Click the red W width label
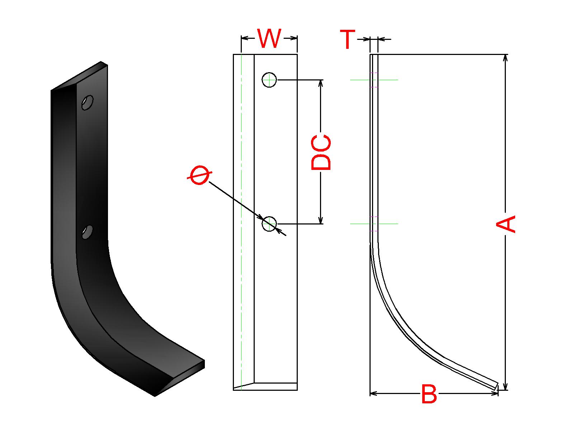269,39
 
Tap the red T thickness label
347,39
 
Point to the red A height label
505,224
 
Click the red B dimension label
429,394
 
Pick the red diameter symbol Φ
199,175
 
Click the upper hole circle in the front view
269,80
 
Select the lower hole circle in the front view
269,224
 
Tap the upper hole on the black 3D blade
87,102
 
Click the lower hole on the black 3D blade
87,232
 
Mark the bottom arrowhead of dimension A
505,386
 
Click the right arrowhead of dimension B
494,394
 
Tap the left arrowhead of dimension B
374,394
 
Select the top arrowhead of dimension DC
321,83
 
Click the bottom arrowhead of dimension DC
321,220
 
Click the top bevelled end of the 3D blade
80,76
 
